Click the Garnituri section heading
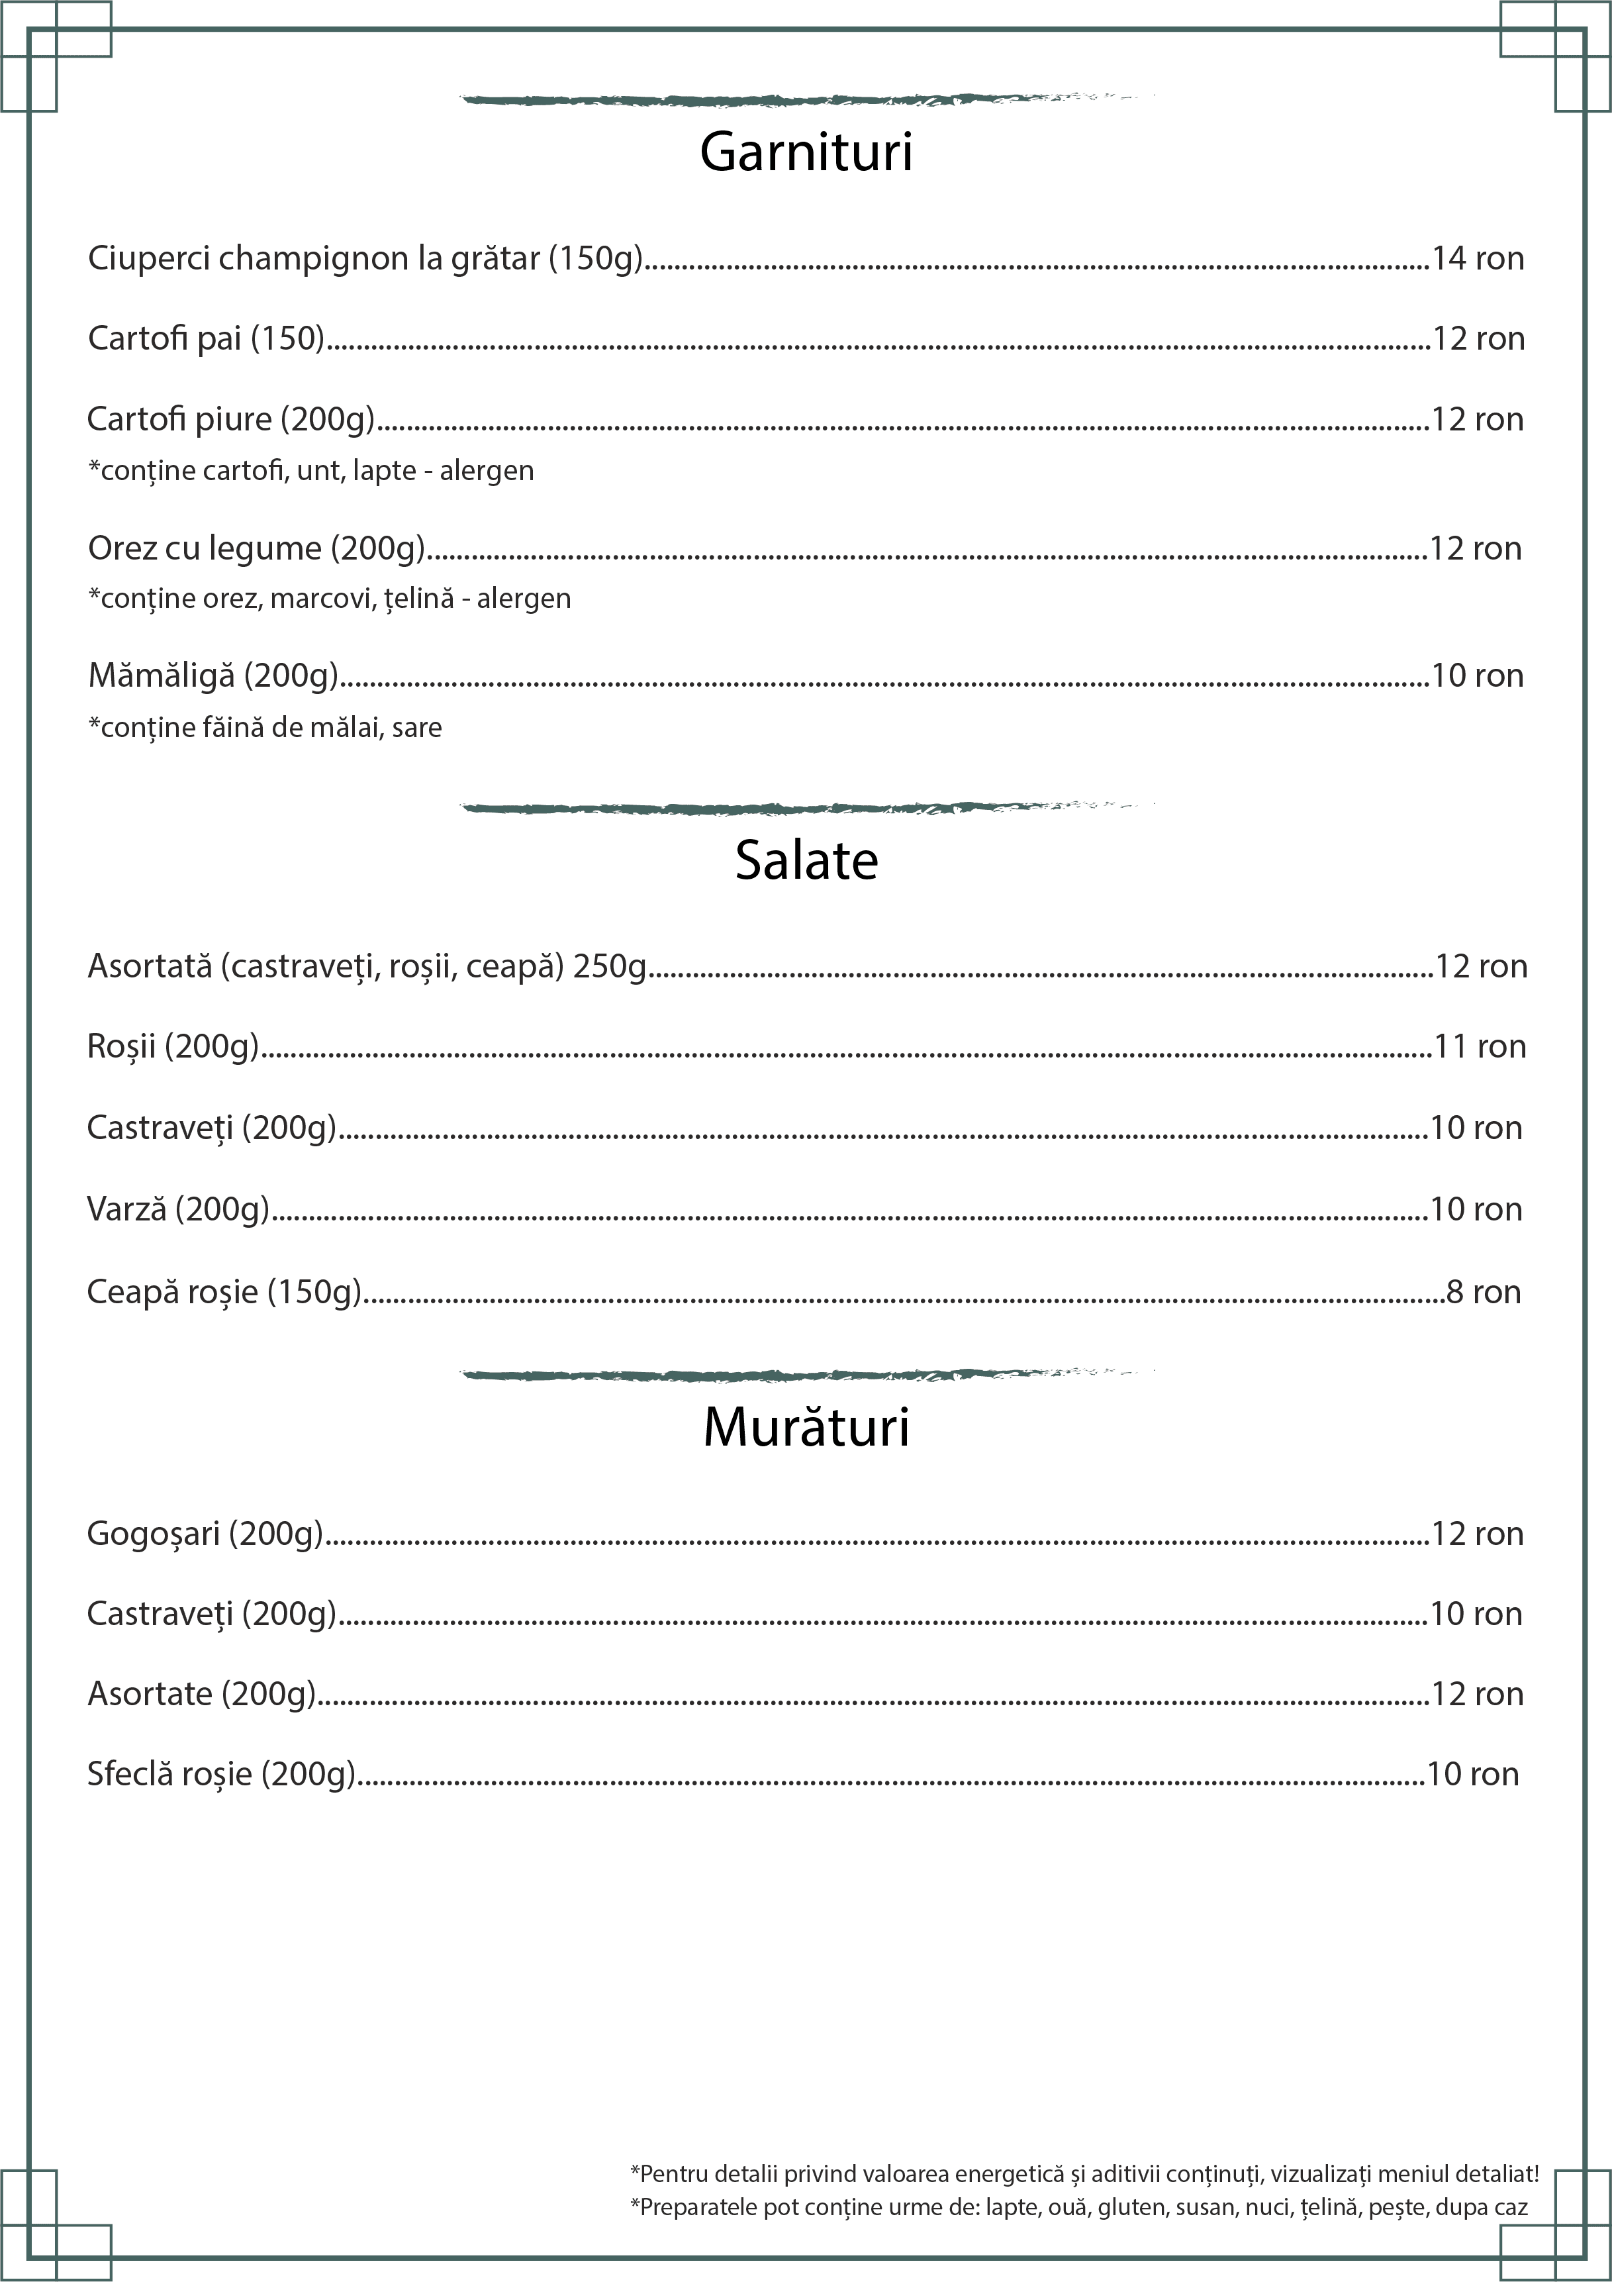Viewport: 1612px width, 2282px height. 806,152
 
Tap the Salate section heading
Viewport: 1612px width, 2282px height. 806,861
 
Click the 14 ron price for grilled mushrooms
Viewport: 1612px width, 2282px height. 1477,258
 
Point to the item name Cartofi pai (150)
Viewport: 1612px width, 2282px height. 207,339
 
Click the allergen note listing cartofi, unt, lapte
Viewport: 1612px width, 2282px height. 311,470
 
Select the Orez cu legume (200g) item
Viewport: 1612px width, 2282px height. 256,548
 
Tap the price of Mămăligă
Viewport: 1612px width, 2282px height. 1477,676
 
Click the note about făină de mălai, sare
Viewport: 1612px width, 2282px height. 265,728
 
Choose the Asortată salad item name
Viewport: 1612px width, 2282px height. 367,966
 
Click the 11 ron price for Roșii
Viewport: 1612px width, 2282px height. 1480,1046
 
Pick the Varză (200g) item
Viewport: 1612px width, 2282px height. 179,1210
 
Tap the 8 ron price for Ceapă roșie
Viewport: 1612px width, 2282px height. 1483,1292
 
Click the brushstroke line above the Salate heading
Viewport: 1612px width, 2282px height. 806,807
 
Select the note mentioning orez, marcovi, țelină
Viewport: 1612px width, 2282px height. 330,599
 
